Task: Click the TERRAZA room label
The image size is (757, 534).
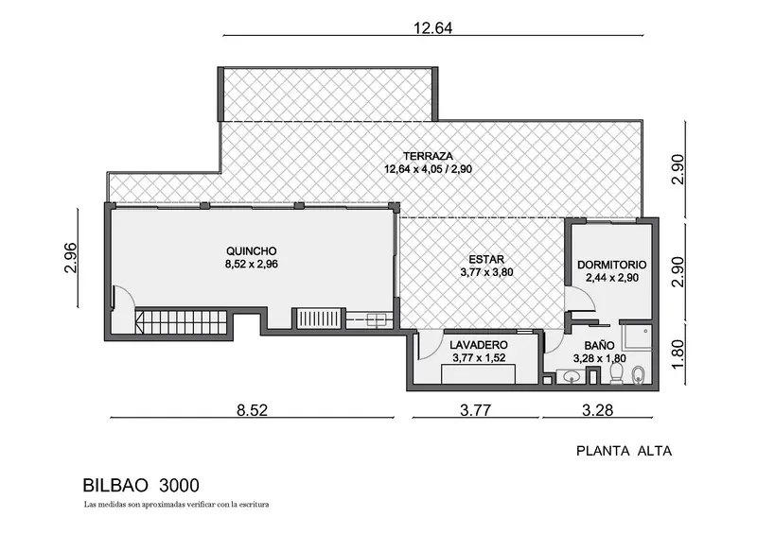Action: point(429,156)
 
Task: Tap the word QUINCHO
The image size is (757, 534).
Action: point(252,251)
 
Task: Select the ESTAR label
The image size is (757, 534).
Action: point(486,260)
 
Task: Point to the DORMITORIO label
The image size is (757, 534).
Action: point(611,265)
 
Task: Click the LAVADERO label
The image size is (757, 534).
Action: point(479,345)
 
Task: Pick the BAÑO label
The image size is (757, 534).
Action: point(599,345)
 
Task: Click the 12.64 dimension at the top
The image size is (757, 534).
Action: point(433,28)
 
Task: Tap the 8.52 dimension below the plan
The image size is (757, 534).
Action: point(252,410)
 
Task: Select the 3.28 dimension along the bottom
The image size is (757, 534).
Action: point(598,410)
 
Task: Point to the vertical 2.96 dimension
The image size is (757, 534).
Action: point(70,258)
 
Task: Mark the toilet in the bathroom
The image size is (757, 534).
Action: point(617,374)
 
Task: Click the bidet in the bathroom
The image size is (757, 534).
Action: point(638,375)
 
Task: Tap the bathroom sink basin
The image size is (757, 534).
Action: point(572,376)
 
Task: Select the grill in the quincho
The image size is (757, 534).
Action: point(319,319)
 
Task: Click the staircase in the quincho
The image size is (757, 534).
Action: point(182,322)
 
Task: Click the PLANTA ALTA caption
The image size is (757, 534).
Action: point(625,451)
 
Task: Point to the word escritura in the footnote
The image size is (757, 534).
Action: point(254,505)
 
